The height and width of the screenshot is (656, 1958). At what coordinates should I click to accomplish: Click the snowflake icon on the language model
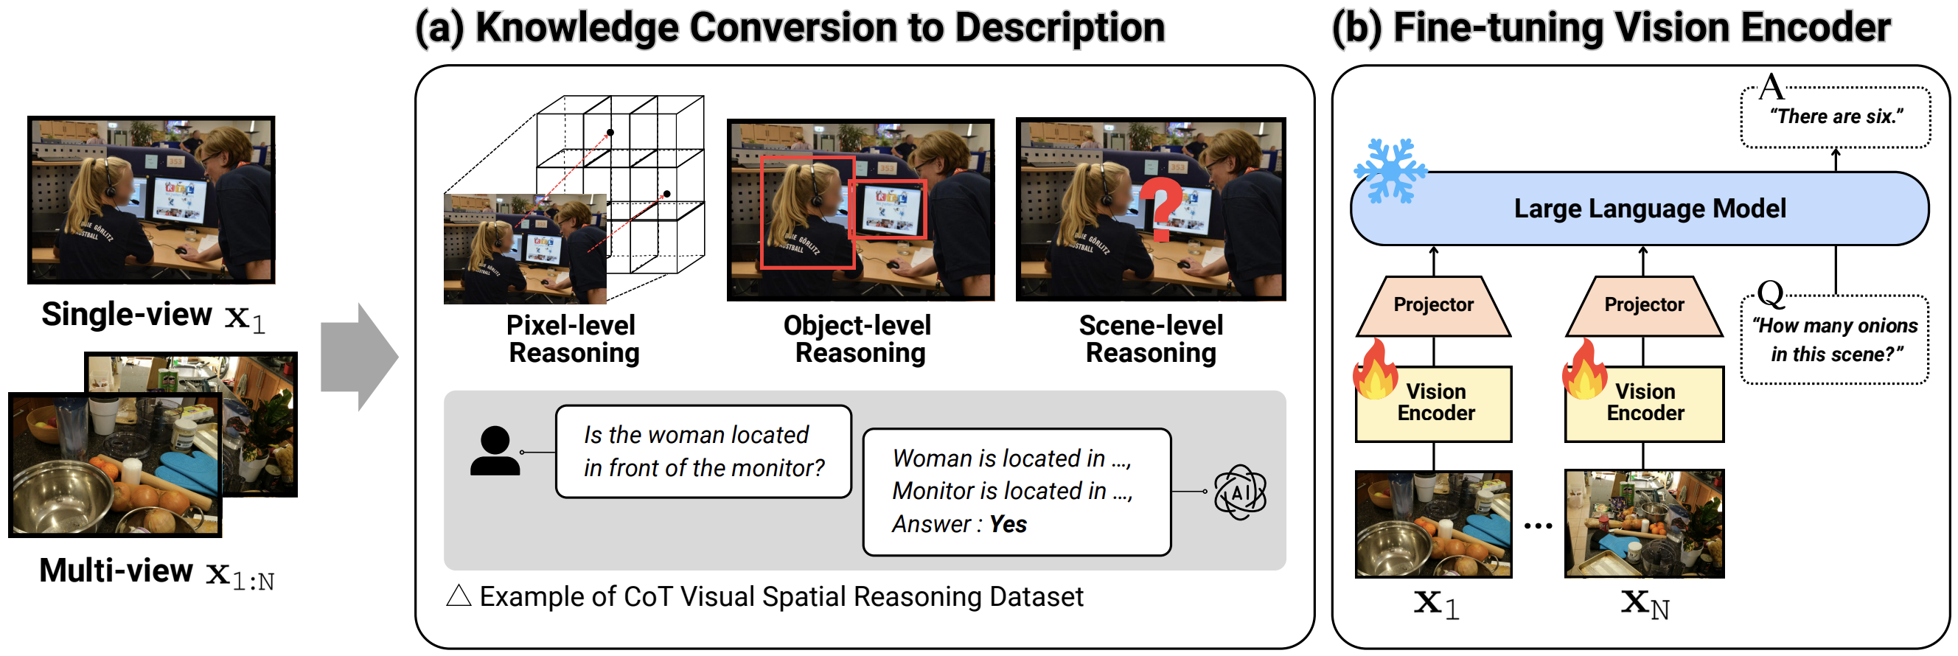(1390, 171)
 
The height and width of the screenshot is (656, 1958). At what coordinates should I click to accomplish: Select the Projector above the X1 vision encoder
(1433, 307)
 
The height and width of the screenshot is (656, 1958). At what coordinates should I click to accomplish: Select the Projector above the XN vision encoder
(1643, 307)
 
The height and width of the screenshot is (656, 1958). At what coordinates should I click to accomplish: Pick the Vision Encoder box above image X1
(1435, 404)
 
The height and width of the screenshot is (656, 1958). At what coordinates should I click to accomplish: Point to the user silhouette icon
(495, 452)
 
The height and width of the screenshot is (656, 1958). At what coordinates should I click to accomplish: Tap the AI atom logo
(1240, 492)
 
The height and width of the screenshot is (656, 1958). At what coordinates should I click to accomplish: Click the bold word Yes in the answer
(1007, 524)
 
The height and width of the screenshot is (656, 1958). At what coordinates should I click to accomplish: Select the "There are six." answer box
(1835, 117)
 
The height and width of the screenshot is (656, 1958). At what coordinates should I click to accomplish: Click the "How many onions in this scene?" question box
(1834, 340)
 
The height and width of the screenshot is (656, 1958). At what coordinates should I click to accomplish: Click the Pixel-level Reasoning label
(572, 339)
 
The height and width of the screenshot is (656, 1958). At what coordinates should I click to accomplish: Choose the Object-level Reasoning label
(859, 339)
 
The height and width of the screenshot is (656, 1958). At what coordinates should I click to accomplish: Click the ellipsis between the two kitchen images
(1538, 526)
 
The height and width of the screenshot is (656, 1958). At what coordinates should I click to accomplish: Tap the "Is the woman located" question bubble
(703, 452)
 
